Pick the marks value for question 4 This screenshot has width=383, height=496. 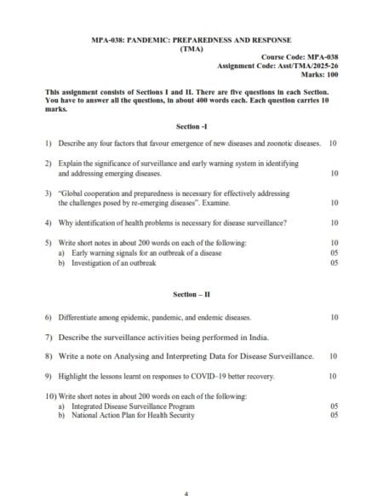tap(333, 223)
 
